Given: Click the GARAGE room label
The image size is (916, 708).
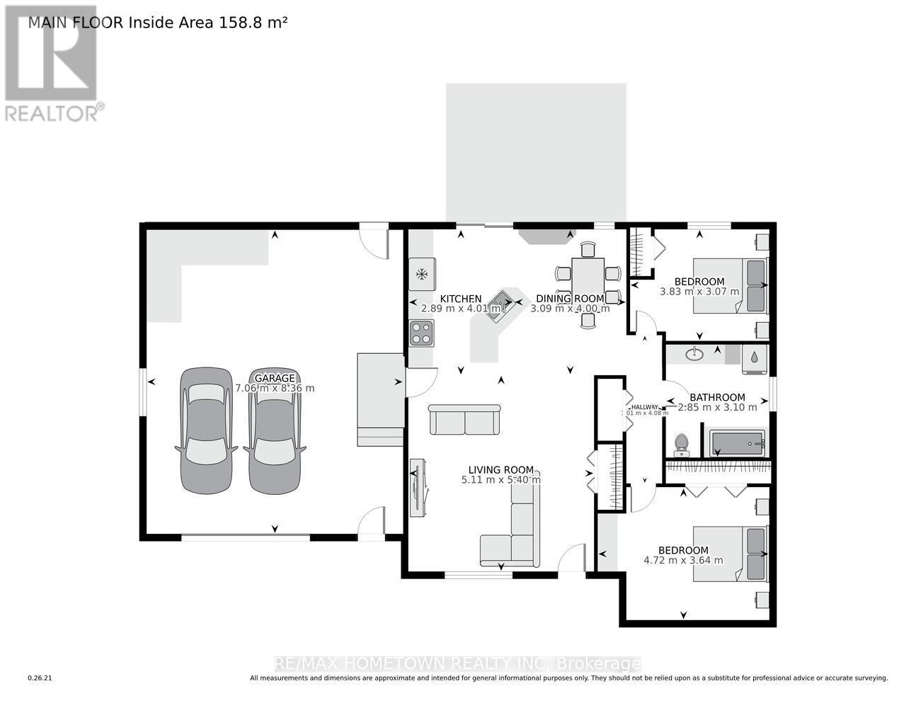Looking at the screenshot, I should [275, 378].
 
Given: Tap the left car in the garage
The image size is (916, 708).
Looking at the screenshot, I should [206, 430].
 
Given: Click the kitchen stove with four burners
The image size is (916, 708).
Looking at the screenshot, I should [422, 333].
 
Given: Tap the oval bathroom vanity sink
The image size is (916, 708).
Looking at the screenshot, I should [694, 353].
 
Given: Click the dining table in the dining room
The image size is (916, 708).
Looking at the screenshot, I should [588, 282].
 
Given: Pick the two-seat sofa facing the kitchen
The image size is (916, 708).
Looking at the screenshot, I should [465, 420].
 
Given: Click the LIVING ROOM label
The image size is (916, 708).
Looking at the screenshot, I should [500, 469].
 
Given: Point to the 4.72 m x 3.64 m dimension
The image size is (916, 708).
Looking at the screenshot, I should [683, 560].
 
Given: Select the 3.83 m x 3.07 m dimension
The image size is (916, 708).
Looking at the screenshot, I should [699, 291].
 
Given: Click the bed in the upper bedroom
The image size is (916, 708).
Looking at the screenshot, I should [729, 285].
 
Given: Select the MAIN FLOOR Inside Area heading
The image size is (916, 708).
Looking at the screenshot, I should [157, 22].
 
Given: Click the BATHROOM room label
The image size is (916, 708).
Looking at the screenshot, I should [717, 397].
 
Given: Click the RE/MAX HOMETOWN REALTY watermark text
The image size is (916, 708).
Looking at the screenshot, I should [457, 663].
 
